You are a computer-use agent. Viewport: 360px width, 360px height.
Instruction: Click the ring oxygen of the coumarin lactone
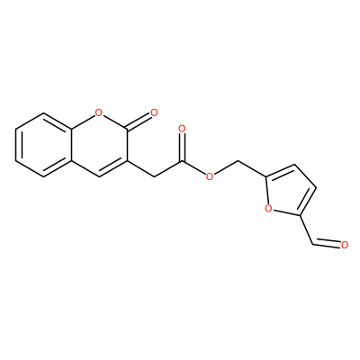[99, 113]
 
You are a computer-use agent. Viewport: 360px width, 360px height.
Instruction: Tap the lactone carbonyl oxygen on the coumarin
[154, 113]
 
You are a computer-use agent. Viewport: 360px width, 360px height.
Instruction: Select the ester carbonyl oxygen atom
[182, 129]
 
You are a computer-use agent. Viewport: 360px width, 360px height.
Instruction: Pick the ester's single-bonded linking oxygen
[210, 177]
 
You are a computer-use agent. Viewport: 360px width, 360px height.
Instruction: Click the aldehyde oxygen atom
[345, 245]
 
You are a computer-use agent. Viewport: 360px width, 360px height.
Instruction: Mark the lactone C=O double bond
[139, 122]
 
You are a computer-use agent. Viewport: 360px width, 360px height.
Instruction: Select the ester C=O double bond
[182, 148]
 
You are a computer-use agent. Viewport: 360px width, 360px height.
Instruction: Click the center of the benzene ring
[44, 145]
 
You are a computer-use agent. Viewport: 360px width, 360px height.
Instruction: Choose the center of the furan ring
[289, 191]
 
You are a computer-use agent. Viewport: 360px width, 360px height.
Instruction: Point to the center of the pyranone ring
[99, 145]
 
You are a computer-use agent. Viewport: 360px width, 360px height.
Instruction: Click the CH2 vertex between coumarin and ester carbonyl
[154, 177]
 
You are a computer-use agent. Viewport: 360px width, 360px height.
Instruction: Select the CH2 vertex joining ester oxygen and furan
[237, 161]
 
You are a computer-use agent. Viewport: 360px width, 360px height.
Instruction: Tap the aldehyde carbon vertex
[312, 245]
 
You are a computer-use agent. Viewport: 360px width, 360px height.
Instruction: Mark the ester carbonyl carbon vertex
[182, 161]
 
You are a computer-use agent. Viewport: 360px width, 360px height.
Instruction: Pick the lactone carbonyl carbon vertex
[127, 130]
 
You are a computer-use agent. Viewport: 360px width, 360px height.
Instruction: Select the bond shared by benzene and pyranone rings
[72, 145]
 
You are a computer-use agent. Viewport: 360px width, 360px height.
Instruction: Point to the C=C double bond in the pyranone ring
[113, 169]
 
